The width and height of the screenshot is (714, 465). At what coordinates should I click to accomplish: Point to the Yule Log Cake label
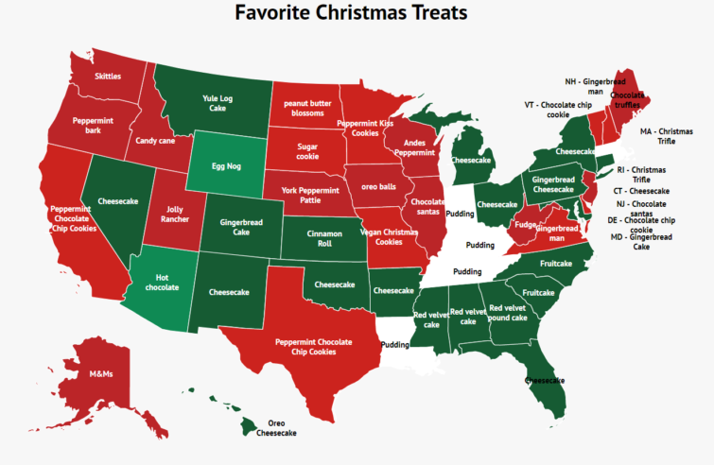coord(218,102)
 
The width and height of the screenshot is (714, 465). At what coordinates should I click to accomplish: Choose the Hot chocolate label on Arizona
coord(162,282)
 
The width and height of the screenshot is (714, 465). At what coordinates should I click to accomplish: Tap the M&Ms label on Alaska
coord(100,374)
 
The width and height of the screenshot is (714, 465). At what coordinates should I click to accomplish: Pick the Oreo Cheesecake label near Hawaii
coord(276,427)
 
